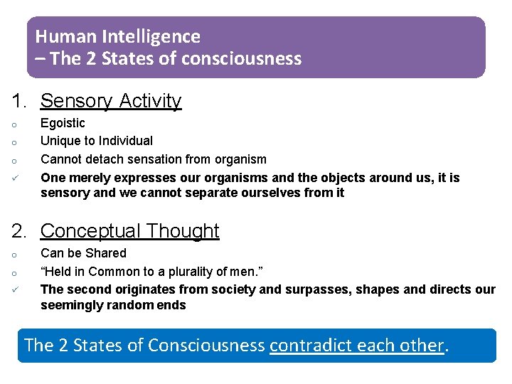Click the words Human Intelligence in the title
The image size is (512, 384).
(118, 36)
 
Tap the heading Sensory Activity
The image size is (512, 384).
(111, 101)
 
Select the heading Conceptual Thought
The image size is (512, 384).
(130, 231)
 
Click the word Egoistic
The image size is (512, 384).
(63, 123)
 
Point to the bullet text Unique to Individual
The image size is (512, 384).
(97, 141)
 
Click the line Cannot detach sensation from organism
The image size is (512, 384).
(154, 159)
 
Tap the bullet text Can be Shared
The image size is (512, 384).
(83, 253)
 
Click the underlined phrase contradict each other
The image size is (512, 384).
(357, 346)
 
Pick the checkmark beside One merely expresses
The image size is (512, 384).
(15, 178)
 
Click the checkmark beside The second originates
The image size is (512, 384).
(15, 289)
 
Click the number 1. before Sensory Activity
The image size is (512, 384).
(18, 101)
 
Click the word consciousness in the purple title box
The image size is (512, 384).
(242, 58)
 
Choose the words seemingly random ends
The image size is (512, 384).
(113, 305)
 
